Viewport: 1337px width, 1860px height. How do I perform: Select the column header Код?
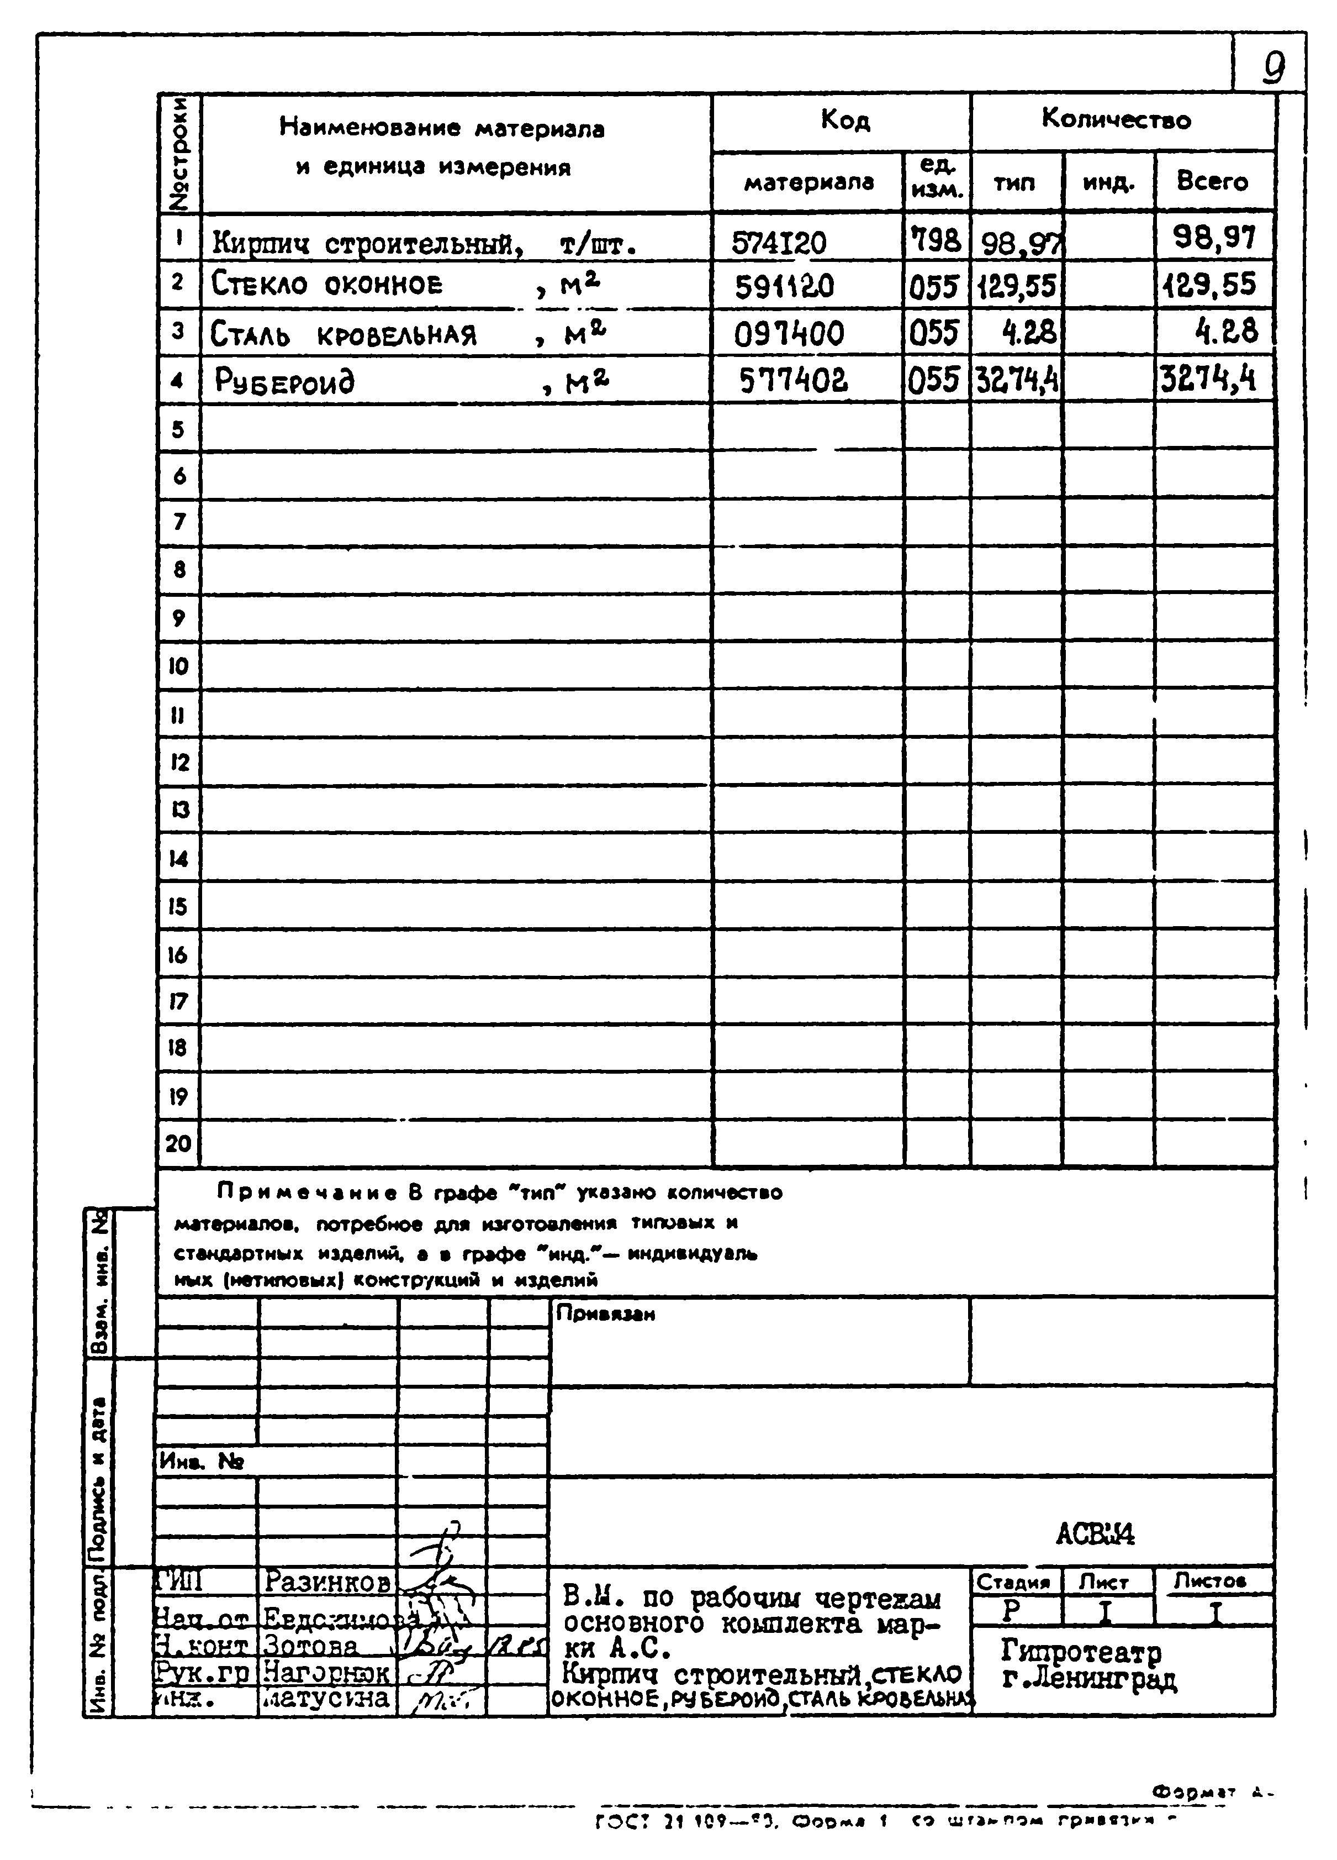click(844, 120)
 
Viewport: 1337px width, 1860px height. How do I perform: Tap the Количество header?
click(1116, 120)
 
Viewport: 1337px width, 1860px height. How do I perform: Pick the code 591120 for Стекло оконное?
click(784, 287)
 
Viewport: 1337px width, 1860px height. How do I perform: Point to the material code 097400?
click(788, 334)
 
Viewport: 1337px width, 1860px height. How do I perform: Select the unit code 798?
click(936, 241)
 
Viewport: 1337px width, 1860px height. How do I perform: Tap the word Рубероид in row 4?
click(284, 381)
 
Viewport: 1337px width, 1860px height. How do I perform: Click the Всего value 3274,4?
click(1207, 380)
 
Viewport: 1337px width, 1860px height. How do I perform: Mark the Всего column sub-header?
click(1212, 181)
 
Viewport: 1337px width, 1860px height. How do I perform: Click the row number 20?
click(178, 1143)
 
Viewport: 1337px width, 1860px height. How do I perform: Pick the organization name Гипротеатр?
click(1080, 1650)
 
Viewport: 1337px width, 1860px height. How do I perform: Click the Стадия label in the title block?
click(1013, 1582)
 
